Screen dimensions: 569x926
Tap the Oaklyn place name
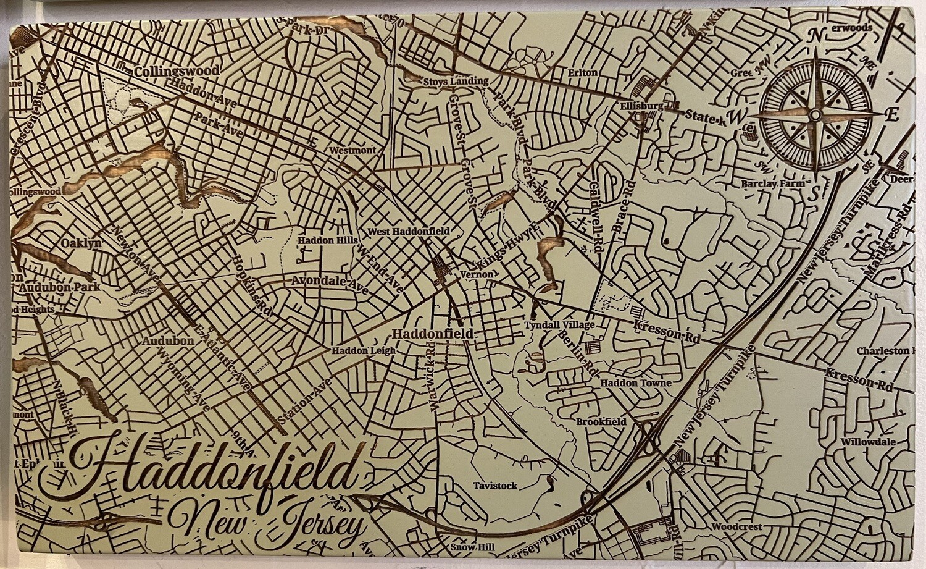(81, 243)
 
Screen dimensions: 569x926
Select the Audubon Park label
(59, 287)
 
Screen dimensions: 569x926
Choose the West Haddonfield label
(409, 231)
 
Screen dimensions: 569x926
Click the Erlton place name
(582, 73)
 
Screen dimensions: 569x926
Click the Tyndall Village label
(559, 325)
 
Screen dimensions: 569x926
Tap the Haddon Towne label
(636, 383)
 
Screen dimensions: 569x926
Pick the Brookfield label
(601, 422)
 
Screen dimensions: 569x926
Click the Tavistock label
(495, 486)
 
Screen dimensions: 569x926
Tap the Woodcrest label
(736, 527)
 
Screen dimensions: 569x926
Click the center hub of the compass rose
(815, 115)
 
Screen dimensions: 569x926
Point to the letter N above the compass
(815, 36)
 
